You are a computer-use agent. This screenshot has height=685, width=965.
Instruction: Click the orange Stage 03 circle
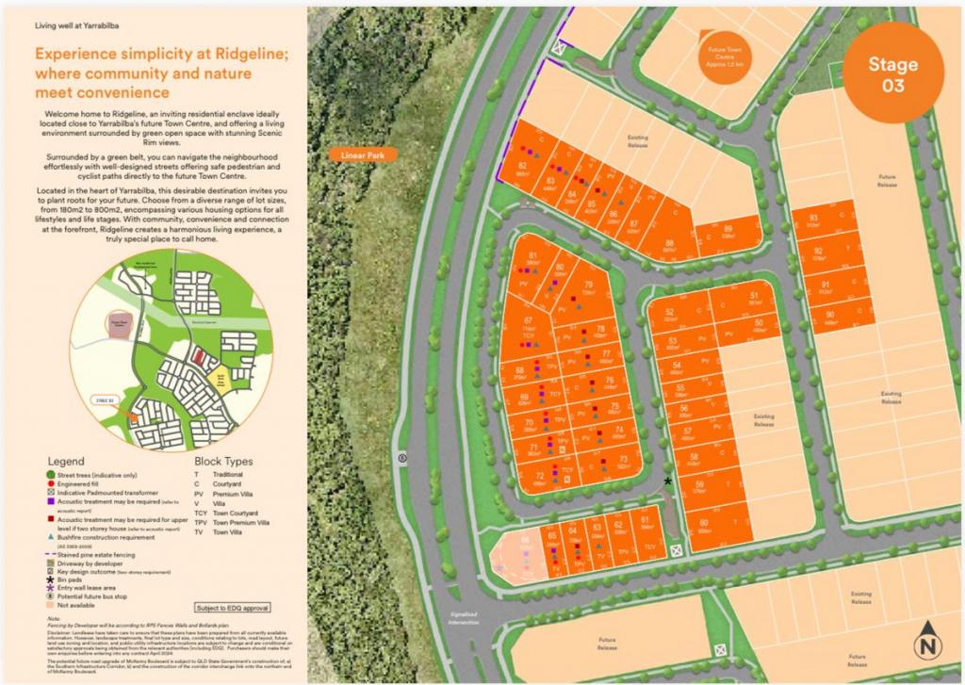pos(892,75)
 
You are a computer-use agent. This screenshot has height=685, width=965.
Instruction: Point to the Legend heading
pos(65,462)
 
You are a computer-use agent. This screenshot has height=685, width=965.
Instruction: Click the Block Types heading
pos(223,462)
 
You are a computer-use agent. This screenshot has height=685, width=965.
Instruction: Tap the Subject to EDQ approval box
pos(231,608)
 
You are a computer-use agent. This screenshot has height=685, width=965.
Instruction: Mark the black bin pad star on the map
pos(668,481)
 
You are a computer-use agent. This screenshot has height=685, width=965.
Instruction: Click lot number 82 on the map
pos(522,166)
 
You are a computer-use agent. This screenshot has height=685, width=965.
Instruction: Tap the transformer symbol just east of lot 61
pos(676,550)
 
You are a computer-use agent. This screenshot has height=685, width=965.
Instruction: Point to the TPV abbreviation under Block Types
pos(201,521)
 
